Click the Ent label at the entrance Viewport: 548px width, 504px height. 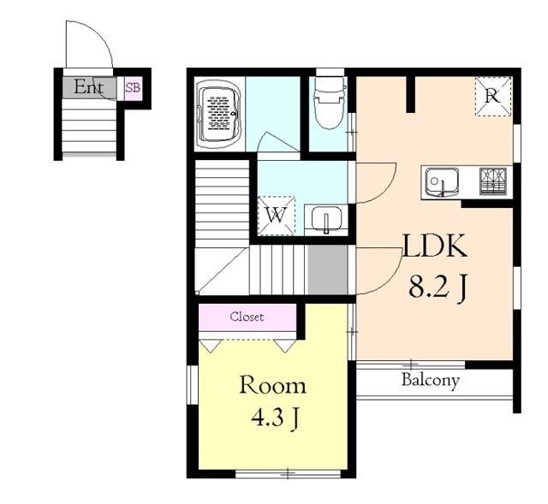pos(88,87)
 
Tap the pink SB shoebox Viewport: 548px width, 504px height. pos(134,88)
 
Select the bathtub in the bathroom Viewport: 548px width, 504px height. pos(220,115)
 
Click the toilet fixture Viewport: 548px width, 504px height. pos(329,103)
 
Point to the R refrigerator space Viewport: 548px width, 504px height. pos(493,97)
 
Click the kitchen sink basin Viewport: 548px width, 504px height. pos(442,182)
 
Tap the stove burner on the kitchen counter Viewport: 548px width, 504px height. pos(493,181)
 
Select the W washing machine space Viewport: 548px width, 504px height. pos(277,215)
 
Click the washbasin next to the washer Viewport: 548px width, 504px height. pos(326,219)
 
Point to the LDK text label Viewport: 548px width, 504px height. pos(435,246)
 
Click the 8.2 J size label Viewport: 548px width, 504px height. pos(438,288)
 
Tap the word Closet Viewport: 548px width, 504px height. pos(247,317)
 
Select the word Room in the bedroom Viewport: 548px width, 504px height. pos(272,386)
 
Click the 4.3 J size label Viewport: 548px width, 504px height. pos(275,418)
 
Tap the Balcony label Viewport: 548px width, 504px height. pos(430,381)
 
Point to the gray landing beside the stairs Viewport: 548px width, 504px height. pos(327,270)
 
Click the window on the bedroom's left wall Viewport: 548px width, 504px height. pos(193,385)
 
